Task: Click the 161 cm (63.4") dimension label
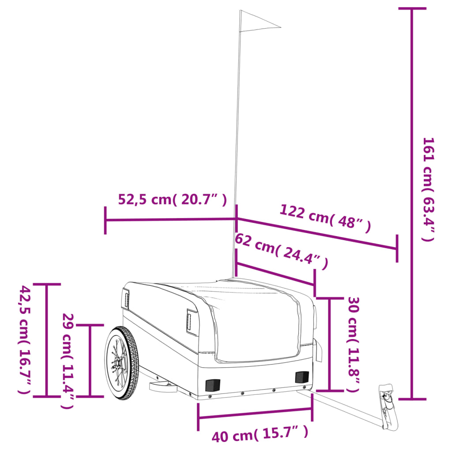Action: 428,189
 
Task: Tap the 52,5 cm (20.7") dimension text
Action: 173,199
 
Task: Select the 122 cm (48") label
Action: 325,218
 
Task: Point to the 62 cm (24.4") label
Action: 281,251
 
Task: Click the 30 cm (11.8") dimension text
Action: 353,344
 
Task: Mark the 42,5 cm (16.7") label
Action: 25,339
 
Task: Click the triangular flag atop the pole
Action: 259,21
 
